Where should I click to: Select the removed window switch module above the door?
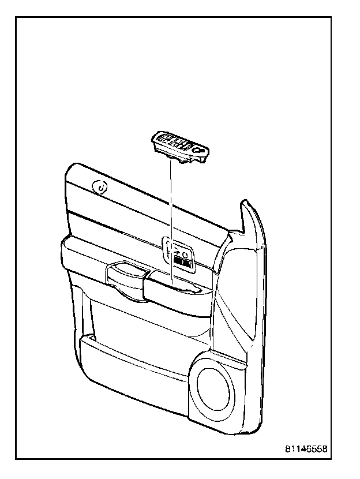(180, 147)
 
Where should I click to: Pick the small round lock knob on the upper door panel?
(100, 188)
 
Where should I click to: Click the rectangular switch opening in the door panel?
(178, 254)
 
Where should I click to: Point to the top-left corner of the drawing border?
(16, 17)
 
